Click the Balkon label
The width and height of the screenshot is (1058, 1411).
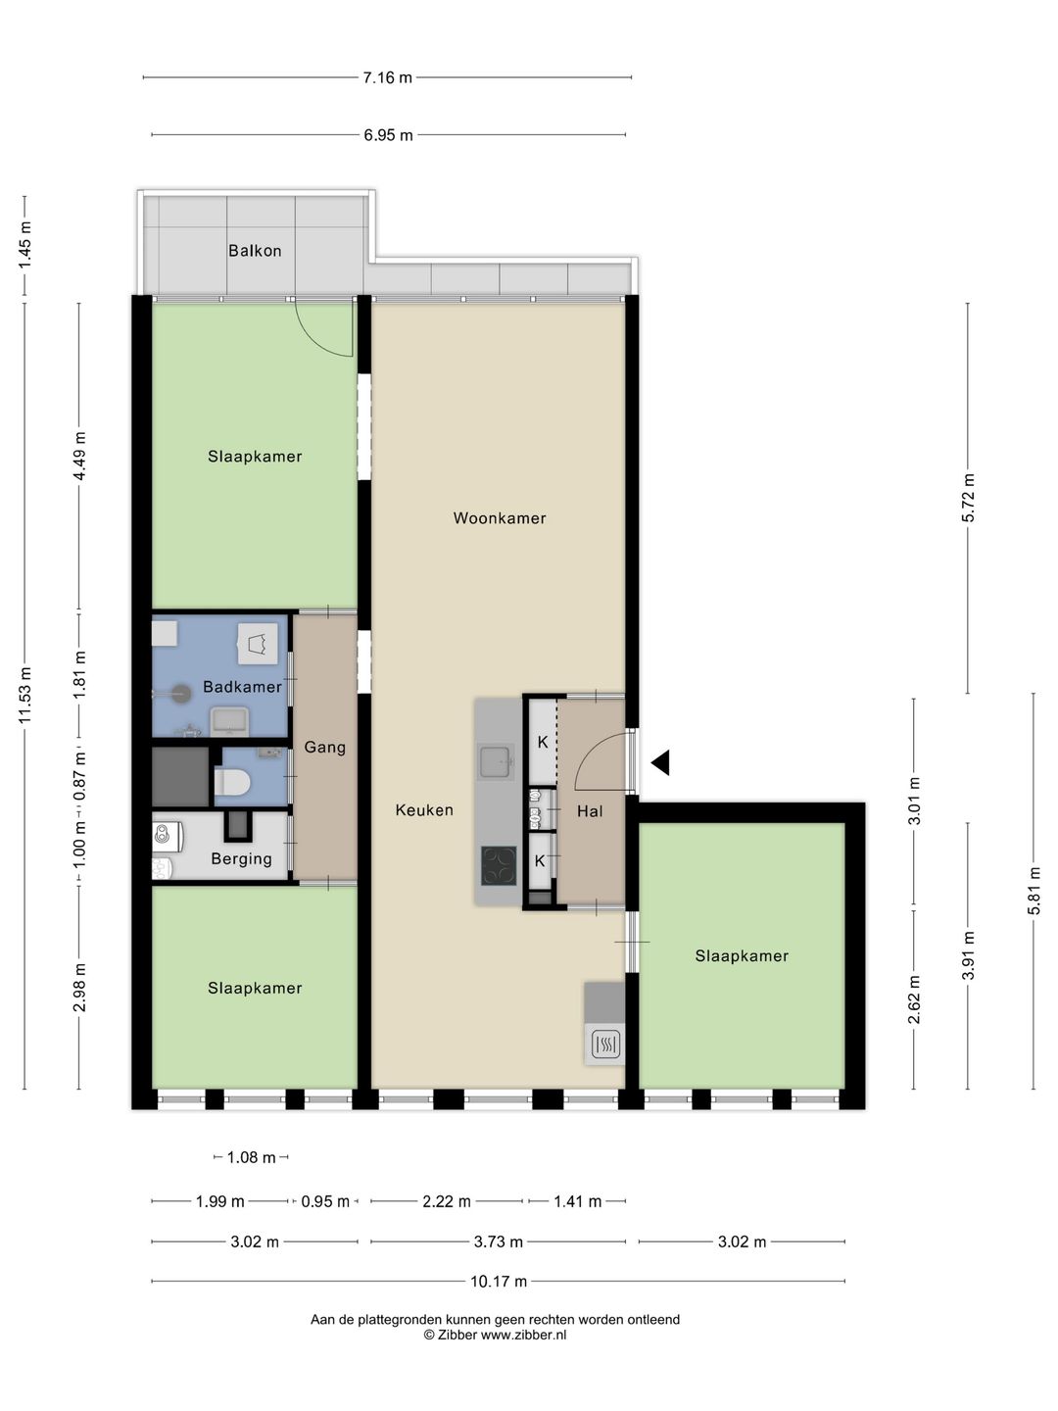coord(255,251)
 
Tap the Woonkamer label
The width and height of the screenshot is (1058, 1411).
coord(500,518)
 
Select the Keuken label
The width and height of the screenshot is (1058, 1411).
coord(424,810)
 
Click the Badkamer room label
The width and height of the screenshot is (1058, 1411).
coord(242,687)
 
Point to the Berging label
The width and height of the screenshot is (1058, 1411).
coord(242,858)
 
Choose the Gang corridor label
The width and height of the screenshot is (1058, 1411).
coord(324,747)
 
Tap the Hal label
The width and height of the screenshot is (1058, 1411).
coord(590,811)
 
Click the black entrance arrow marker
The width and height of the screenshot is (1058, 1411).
coord(660,762)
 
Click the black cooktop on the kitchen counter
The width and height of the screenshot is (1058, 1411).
coord(499,865)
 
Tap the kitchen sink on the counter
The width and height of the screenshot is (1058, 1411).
coord(497,761)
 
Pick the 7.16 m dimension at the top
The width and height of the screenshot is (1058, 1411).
coord(387,77)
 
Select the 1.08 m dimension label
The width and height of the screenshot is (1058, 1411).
coord(251,1158)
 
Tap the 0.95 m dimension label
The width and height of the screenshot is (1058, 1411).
coord(325,1201)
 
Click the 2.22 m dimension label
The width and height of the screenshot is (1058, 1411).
coord(447,1201)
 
